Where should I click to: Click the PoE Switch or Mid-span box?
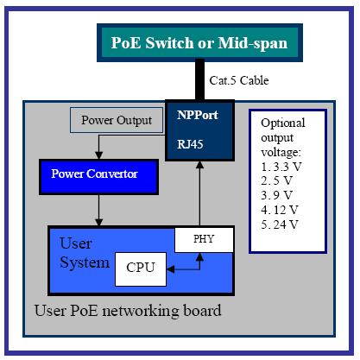click(199, 43)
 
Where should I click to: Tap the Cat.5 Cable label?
click(239, 80)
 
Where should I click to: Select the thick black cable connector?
click(199, 79)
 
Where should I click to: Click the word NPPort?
click(198, 115)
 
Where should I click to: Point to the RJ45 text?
click(190, 144)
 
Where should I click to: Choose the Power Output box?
click(117, 120)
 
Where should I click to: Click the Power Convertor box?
click(98, 177)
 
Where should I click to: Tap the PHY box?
click(204, 239)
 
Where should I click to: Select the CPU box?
click(141, 269)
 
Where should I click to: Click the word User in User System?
click(76, 243)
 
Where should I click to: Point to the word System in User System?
click(85, 262)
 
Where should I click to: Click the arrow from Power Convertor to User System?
click(98, 211)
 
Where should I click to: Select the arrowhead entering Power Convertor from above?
click(98, 155)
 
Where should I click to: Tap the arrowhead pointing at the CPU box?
click(170, 269)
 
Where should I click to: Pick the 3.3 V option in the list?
click(281, 167)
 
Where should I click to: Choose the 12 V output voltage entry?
click(280, 210)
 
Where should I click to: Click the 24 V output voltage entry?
click(280, 224)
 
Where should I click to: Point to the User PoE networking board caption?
click(128, 311)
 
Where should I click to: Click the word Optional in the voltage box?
click(283, 123)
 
